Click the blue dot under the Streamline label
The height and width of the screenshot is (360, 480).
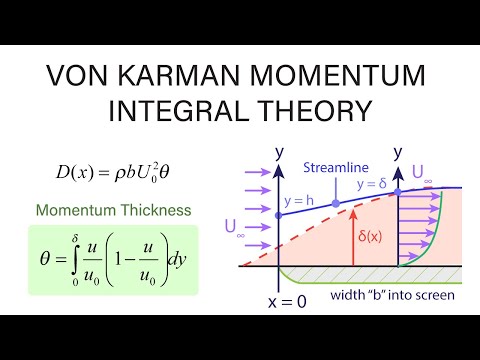pos(337,203)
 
